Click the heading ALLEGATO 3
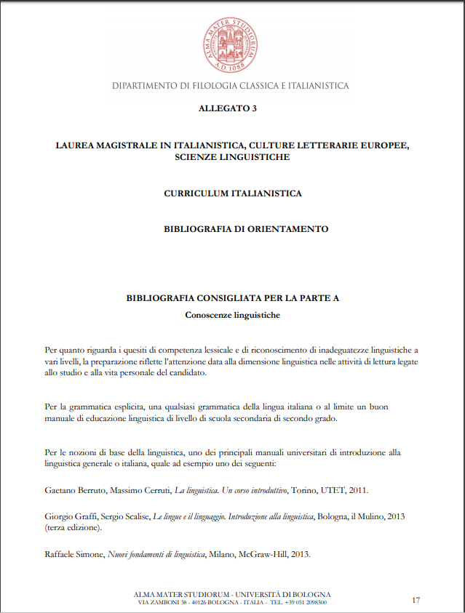(x=228, y=108)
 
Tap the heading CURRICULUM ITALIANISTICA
(x=232, y=194)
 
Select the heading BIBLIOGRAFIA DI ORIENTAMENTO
(x=246, y=229)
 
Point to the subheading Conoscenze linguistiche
(x=233, y=315)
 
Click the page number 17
(x=416, y=600)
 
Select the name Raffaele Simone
(x=73, y=555)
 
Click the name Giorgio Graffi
(x=70, y=516)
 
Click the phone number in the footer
(x=298, y=602)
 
